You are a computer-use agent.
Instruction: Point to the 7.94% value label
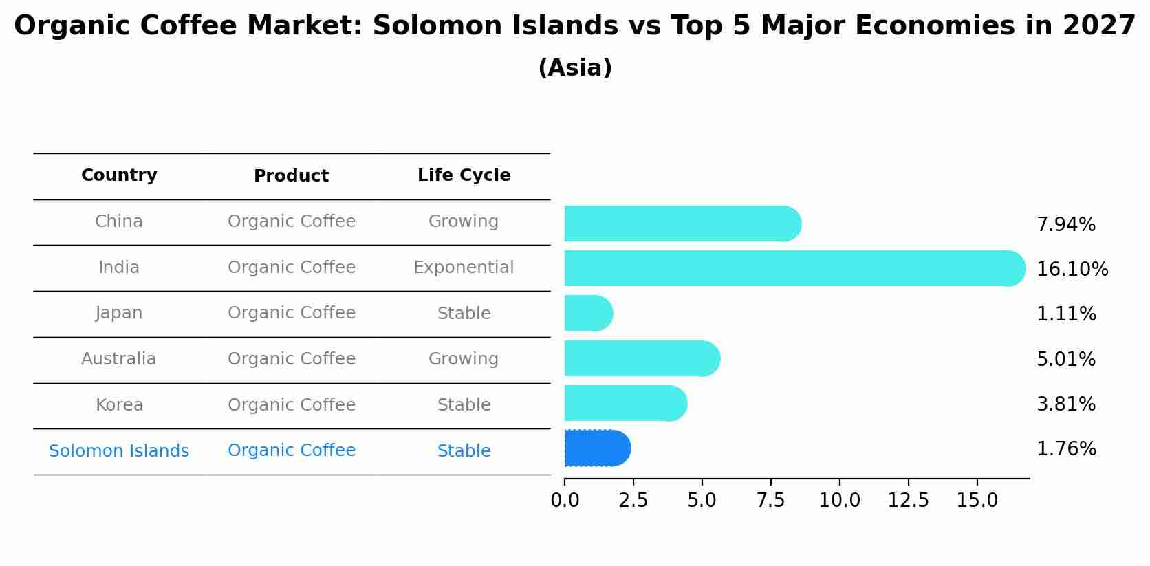tap(1065, 225)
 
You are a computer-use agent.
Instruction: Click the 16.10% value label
tap(1072, 269)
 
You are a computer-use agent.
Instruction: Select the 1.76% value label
tap(1065, 449)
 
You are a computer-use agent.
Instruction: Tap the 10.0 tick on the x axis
tap(839, 501)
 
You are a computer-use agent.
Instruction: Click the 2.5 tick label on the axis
tap(633, 501)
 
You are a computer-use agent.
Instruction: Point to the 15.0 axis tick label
tap(977, 501)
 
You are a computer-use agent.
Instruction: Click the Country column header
tap(119, 175)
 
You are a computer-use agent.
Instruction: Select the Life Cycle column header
tap(464, 175)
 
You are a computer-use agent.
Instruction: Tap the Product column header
tap(291, 176)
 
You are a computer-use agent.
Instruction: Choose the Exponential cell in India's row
tap(464, 268)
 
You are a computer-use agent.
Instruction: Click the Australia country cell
tap(118, 359)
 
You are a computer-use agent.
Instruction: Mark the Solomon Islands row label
tap(118, 451)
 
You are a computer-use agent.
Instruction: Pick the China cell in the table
tap(118, 221)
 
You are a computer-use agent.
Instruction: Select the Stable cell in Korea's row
tap(464, 405)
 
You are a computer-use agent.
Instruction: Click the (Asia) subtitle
tap(574, 68)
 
